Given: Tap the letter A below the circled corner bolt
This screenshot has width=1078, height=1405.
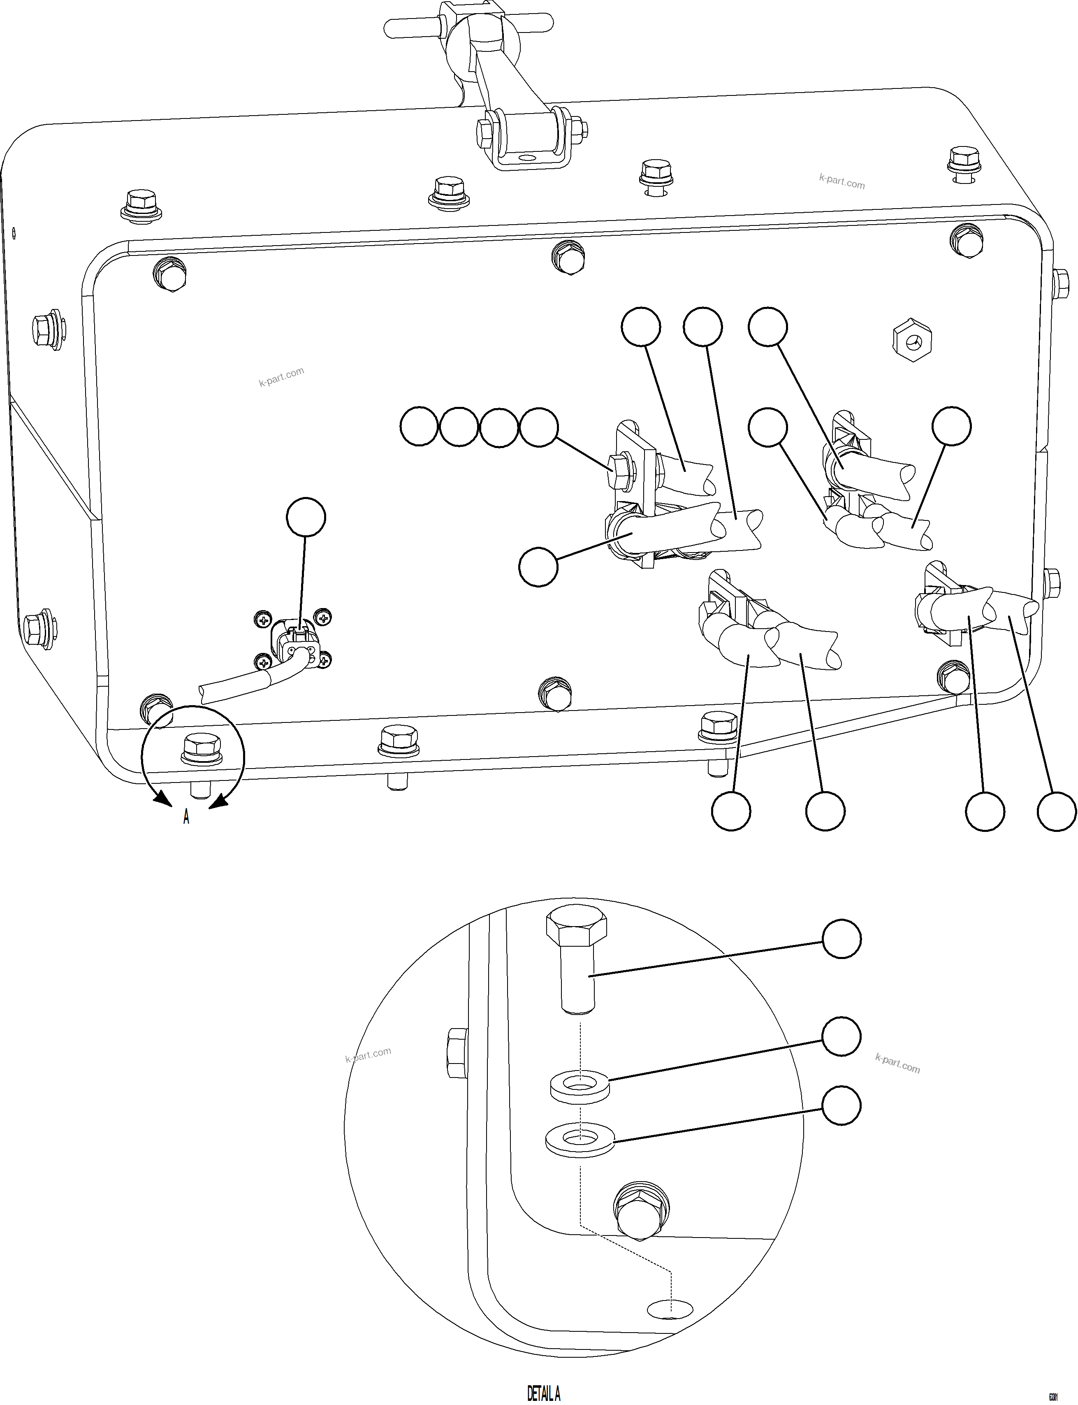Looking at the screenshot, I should click(186, 817).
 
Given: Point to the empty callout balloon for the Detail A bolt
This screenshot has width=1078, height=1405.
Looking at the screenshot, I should click(841, 939).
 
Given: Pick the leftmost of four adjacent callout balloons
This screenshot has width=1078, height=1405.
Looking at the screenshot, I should click(419, 427).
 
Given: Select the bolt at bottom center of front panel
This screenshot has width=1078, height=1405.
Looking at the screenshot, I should click(556, 693).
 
